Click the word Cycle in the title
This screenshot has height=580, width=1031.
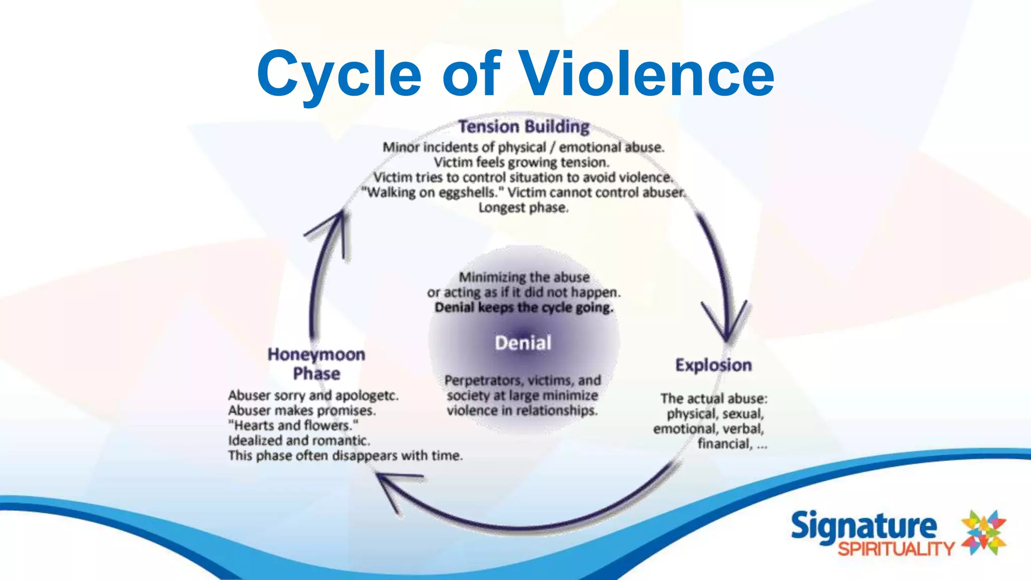click(339, 74)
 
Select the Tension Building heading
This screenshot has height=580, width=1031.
click(524, 126)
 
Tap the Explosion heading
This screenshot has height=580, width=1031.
click(713, 365)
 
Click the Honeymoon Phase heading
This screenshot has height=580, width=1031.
click(316, 364)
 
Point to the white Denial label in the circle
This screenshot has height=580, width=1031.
click(523, 343)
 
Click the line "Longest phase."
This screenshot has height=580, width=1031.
click(523, 207)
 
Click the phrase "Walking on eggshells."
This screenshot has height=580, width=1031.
click(432, 193)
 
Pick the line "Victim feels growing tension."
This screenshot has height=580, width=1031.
click(522, 162)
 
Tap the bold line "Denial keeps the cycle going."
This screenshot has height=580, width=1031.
click(524, 308)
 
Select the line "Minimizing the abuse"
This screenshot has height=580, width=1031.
click(524, 277)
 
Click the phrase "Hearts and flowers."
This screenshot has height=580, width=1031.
click(293, 425)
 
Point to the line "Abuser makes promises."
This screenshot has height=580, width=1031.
click(302, 410)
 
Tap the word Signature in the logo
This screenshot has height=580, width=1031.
click(864, 526)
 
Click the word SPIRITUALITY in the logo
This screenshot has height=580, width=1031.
click(896, 549)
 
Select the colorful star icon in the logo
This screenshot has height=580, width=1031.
click(983, 533)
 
